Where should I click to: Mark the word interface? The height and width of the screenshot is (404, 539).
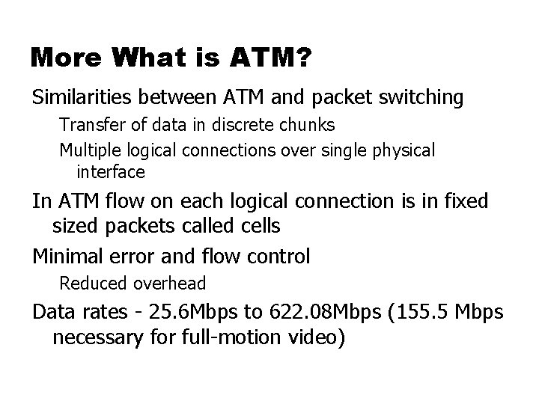[110, 172]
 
